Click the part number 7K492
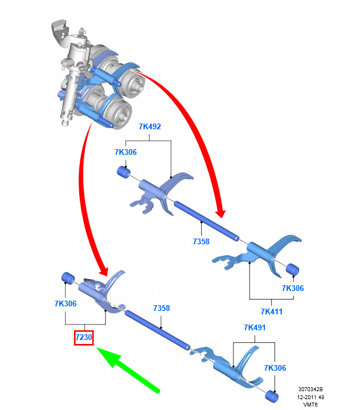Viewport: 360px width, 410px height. click(150, 126)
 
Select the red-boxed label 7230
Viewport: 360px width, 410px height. click(84, 337)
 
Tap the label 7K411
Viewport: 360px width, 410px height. click(272, 311)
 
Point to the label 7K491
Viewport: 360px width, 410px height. click(255, 327)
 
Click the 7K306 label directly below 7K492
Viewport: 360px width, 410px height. click(125, 152)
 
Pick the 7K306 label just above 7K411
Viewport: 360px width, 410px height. click(293, 288)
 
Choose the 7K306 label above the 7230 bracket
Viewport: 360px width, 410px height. click(66, 304)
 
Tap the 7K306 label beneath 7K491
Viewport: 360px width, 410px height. click(275, 368)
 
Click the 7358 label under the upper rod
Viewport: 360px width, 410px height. click(201, 241)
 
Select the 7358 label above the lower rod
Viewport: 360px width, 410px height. click(161, 308)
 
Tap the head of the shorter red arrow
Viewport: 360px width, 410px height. click(104, 271)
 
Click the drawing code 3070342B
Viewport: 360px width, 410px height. click(310, 389)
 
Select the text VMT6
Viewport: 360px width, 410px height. click(310, 404)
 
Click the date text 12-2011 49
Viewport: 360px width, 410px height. click(310, 397)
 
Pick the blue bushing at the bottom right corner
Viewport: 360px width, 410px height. click(272, 397)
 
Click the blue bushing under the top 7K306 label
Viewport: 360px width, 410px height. click(124, 172)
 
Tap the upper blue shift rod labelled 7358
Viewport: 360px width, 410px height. click(206, 221)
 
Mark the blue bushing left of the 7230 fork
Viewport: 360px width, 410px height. click(68, 278)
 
